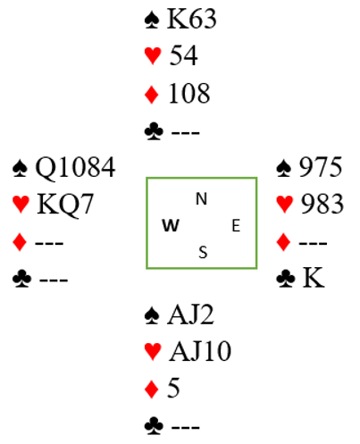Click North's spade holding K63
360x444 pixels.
pyautogui.click(x=191, y=19)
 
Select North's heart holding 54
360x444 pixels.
pyautogui.click(x=183, y=55)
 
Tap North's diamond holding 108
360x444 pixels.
pyautogui.click(x=189, y=94)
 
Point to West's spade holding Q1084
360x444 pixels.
pyautogui.click(x=75, y=167)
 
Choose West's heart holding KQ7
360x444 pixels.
pyautogui.click(x=65, y=205)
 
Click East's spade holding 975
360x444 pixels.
pyautogui.click(x=321, y=167)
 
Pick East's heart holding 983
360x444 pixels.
pyautogui.click(x=322, y=204)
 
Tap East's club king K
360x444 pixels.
pyautogui.click(x=314, y=278)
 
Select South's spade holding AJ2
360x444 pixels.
pyautogui.click(x=191, y=314)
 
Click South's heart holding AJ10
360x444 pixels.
pyautogui.click(x=200, y=351)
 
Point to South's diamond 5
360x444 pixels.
pyautogui.click(x=173, y=388)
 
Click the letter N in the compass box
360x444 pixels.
pyautogui.click(x=201, y=199)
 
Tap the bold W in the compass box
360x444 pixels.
pyautogui.click(x=171, y=225)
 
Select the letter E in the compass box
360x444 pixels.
pyautogui.click(x=236, y=225)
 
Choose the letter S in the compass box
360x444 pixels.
pyautogui.click(x=203, y=253)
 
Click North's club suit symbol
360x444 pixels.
pyautogui.click(x=154, y=131)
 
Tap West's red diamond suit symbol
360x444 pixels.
pyautogui.click(x=20, y=242)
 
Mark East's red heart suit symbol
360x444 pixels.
pyautogui.click(x=285, y=205)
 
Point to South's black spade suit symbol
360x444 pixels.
pyautogui.click(x=152, y=315)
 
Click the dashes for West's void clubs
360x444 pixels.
pyautogui.click(x=54, y=280)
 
